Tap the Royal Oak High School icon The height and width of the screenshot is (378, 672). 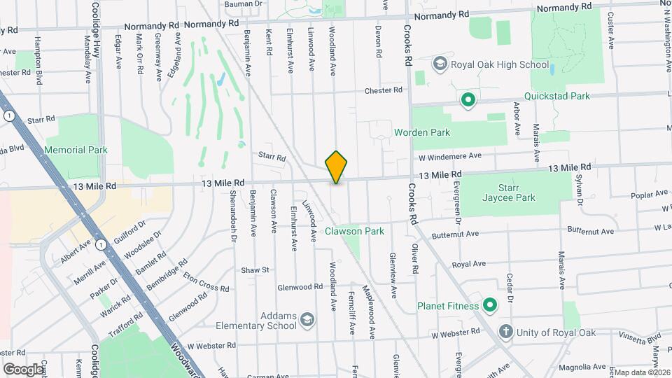[x=440, y=64]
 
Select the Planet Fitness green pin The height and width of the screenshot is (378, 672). [x=490, y=305]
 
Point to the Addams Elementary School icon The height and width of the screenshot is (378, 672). [x=307, y=321]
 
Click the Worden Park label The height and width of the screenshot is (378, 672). [x=422, y=132]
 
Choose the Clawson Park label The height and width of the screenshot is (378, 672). [x=354, y=231]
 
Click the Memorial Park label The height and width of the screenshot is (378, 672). [x=76, y=150]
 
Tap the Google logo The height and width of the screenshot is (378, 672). [x=23, y=369]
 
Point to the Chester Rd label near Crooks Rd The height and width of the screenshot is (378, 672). [x=384, y=90]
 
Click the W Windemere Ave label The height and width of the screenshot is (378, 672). [x=451, y=155]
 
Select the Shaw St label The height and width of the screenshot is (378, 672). [x=255, y=269]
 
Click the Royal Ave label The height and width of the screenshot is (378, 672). [x=468, y=265]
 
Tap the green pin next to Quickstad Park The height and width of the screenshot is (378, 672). [x=468, y=100]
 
